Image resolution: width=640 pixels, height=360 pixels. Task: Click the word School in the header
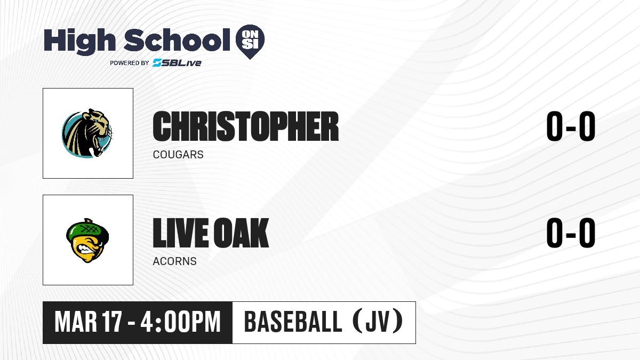177,39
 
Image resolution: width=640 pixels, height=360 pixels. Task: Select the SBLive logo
177,62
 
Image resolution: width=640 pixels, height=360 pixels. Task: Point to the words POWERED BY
130,63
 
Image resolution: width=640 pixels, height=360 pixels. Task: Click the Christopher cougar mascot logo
87,133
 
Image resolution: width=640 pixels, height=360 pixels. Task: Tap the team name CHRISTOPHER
246,126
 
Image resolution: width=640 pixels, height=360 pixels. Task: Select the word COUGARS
178,155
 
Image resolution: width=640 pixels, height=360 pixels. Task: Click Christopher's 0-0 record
571,126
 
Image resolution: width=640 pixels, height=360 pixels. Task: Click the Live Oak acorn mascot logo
87,241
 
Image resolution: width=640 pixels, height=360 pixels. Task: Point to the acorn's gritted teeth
85,250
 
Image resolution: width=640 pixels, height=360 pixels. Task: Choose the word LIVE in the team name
181,233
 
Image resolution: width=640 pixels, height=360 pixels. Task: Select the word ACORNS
174,261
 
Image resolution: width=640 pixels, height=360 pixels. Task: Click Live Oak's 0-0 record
571,233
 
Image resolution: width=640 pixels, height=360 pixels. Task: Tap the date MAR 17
89,322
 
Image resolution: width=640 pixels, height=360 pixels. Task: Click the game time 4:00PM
181,322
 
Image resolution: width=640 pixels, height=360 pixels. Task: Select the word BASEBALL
293,322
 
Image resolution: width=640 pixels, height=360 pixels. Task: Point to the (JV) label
378,321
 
